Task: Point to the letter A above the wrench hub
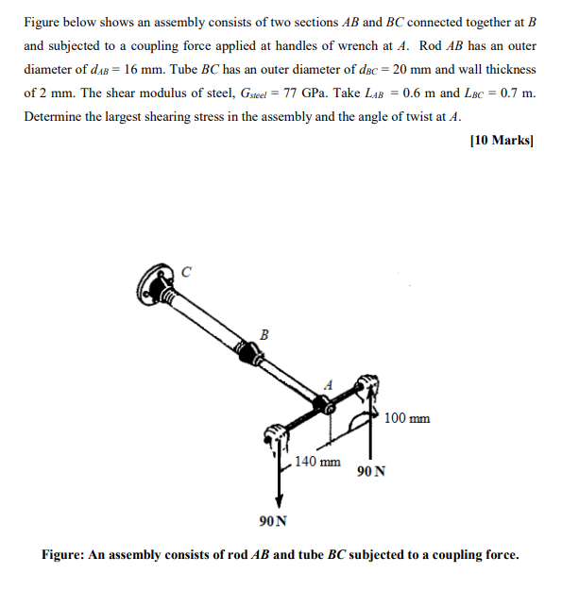click(x=329, y=384)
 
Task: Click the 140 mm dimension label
click(x=317, y=462)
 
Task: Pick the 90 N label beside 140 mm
click(x=371, y=471)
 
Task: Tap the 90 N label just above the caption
click(x=273, y=521)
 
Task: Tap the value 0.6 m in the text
click(x=419, y=93)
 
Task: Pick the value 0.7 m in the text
click(x=516, y=93)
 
